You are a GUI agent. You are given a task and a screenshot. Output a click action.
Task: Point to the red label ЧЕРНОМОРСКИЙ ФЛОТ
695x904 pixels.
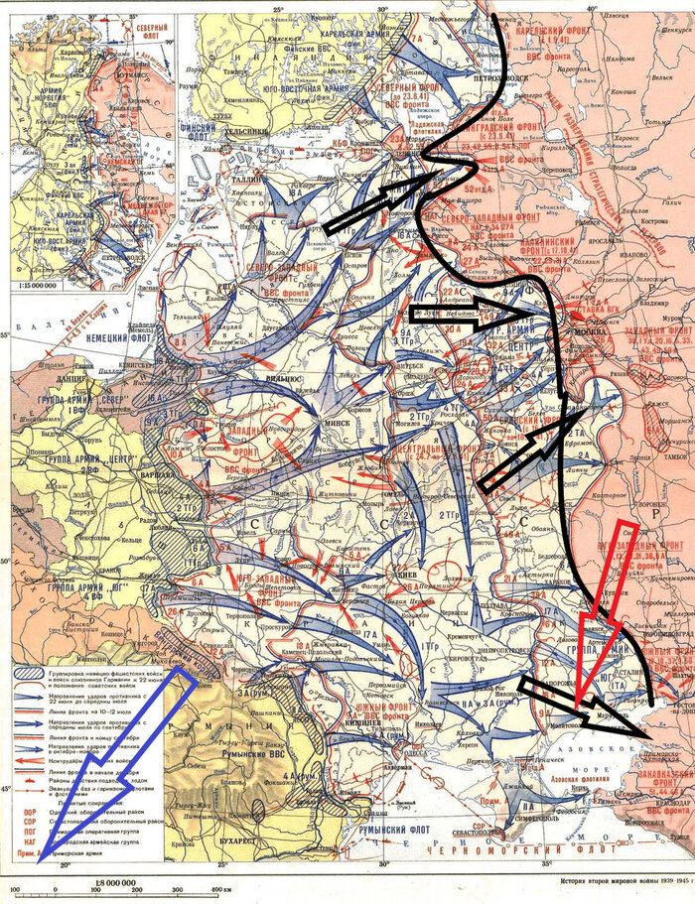click(536, 875)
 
